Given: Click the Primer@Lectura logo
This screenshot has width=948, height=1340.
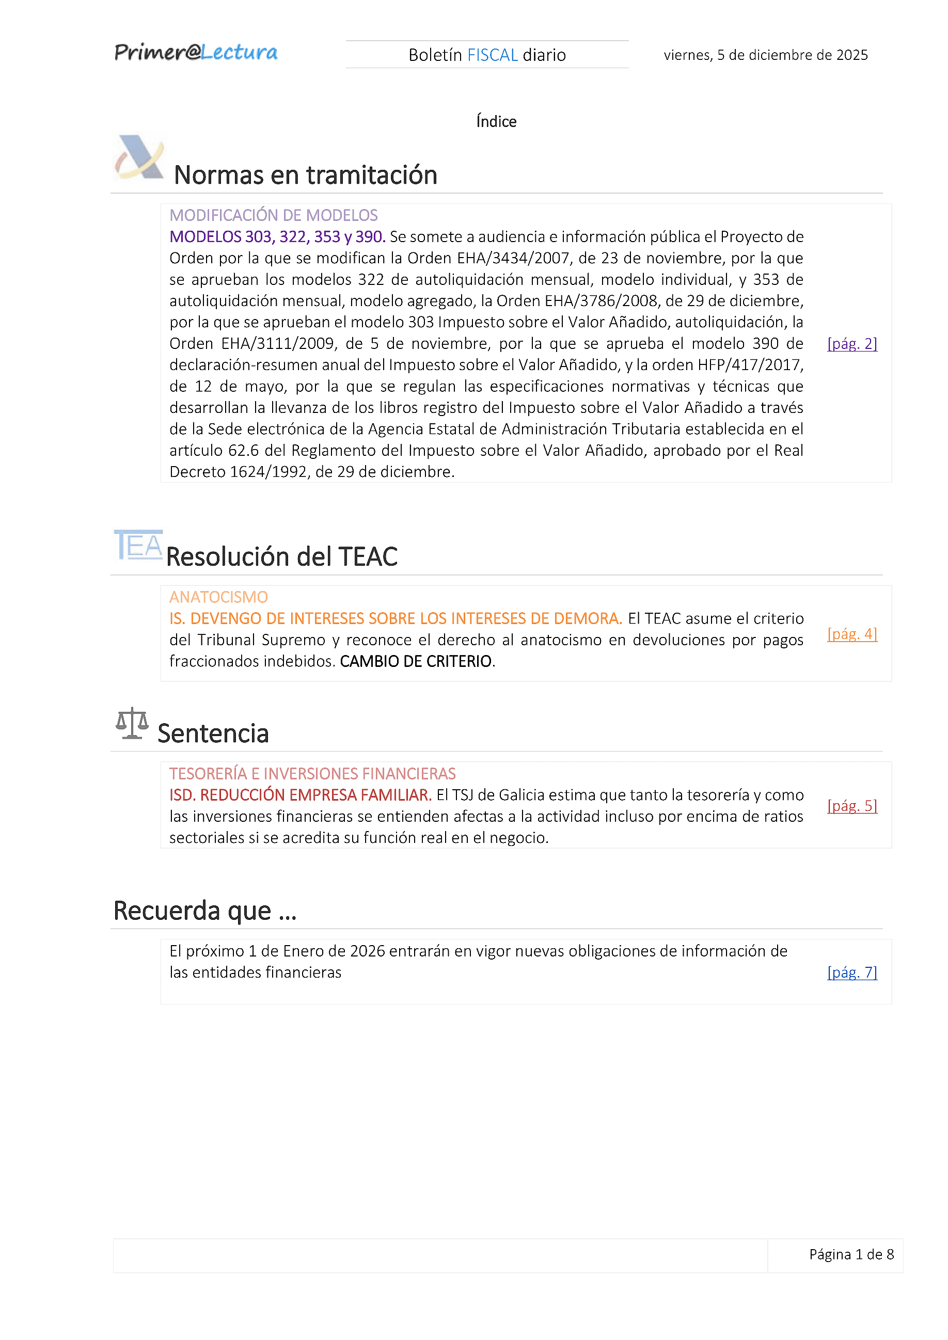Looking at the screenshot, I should click(196, 53).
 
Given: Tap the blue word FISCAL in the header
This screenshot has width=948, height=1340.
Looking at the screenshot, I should click(492, 55).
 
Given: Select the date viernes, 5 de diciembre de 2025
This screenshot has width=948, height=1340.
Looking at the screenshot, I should click(765, 55).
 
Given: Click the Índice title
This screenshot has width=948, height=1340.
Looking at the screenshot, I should click(496, 121).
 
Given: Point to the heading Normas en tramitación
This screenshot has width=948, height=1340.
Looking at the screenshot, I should click(305, 175).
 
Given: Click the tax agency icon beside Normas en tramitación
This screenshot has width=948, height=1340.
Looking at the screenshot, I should click(139, 157).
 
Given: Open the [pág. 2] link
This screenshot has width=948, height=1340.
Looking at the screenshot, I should click(851, 344).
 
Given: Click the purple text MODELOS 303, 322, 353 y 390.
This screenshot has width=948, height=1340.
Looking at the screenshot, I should click(277, 236).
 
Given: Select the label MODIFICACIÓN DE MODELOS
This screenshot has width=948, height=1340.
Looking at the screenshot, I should click(273, 215).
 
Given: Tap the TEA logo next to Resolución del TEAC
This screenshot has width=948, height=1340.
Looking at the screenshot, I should click(138, 545).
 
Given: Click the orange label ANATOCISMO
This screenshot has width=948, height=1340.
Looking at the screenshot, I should click(218, 597).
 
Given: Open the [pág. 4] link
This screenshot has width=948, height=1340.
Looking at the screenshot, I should click(851, 634).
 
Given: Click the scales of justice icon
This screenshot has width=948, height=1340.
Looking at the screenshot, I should click(132, 723).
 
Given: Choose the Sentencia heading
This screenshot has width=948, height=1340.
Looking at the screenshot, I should click(213, 733).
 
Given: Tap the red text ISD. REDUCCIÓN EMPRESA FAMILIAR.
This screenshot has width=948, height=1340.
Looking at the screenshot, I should click(300, 795).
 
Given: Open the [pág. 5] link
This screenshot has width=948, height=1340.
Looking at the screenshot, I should click(851, 806).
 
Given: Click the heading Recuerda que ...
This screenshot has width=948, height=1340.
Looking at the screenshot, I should click(205, 911).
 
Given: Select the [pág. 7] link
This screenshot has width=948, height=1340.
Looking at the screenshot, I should click(851, 972).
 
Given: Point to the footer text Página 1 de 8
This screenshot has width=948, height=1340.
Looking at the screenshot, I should click(851, 1254).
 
